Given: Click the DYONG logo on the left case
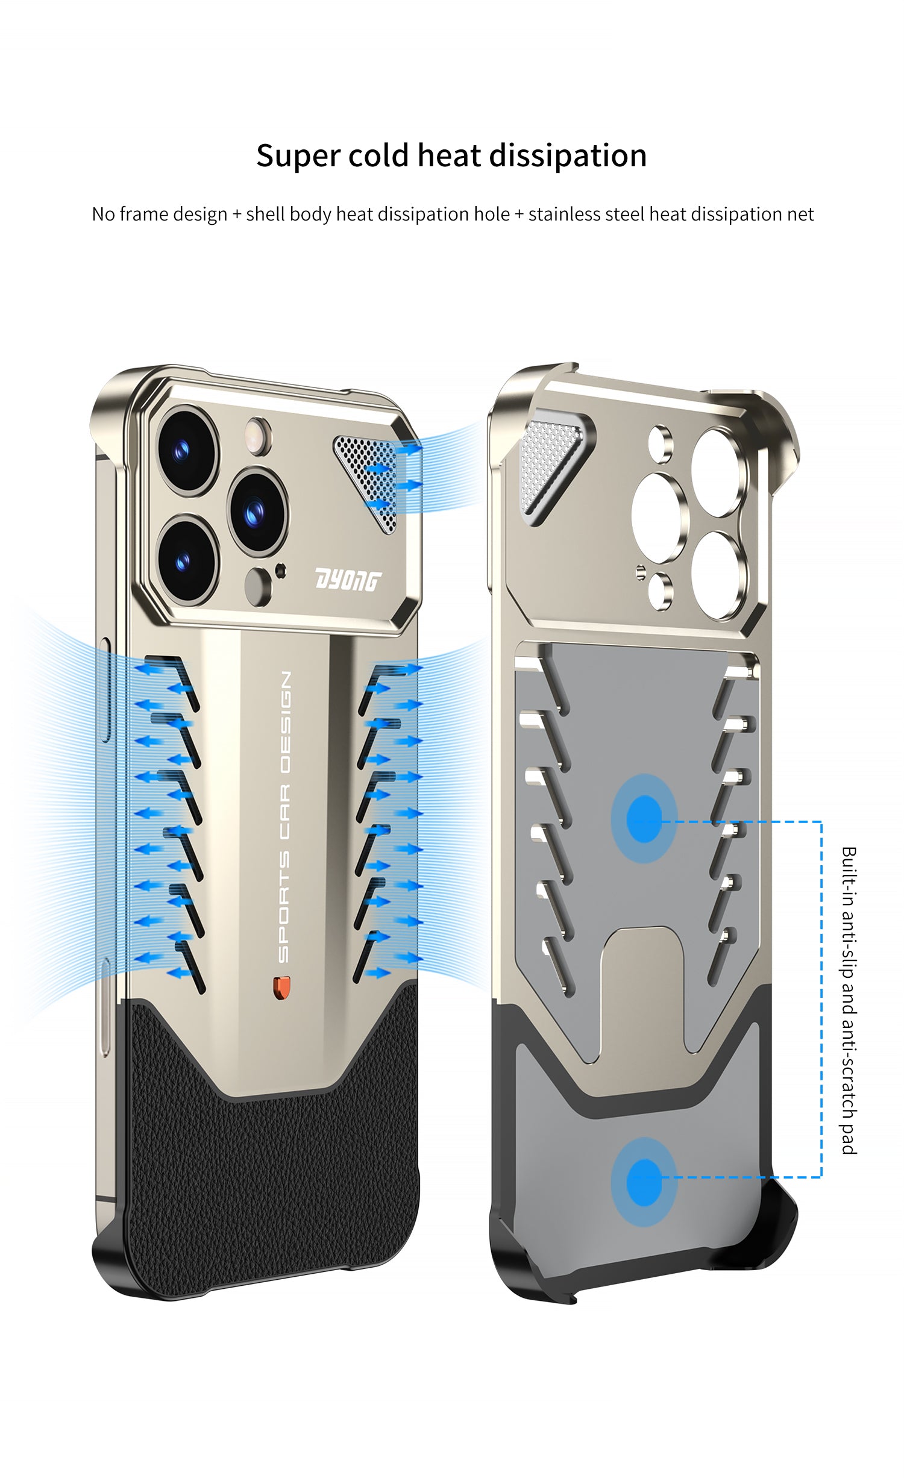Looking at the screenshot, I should [x=348, y=581].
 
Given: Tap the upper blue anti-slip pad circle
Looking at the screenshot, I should [x=644, y=819].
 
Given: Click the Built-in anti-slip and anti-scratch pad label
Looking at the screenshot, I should [x=849, y=1000].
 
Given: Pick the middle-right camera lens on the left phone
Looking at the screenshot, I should [x=258, y=511].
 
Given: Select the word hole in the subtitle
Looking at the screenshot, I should [x=491, y=214].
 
